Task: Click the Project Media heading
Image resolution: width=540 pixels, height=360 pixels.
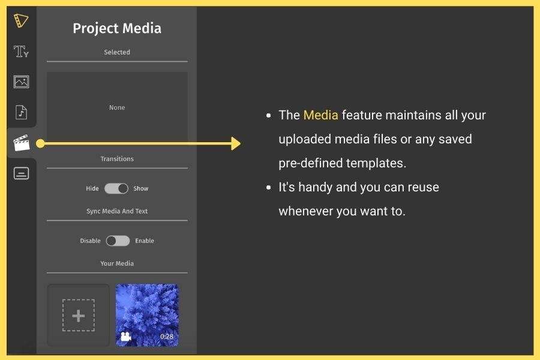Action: (117, 28)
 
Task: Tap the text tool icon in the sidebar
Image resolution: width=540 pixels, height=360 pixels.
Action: (21, 52)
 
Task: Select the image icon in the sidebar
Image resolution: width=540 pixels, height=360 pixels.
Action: (21, 82)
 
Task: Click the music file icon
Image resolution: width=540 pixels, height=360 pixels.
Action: (21, 112)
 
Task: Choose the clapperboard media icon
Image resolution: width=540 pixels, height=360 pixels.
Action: (22, 143)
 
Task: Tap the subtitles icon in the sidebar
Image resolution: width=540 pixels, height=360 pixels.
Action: (21, 173)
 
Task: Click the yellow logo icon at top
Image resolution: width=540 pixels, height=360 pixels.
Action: (20, 20)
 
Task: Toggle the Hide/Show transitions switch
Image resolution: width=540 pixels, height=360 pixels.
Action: (116, 188)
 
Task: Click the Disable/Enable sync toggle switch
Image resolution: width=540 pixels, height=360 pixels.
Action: (118, 241)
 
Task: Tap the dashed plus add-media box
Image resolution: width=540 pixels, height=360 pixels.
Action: (78, 315)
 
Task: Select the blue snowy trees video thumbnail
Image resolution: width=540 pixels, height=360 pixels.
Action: (147, 315)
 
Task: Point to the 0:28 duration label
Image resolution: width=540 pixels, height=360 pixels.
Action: (167, 337)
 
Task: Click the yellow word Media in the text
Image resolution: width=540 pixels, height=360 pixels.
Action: (320, 115)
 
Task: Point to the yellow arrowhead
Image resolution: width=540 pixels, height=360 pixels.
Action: (236, 143)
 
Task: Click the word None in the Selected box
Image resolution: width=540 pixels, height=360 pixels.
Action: (117, 107)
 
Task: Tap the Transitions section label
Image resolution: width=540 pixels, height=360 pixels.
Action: (117, 159)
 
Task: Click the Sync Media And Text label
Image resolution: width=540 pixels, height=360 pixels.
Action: (117, 211)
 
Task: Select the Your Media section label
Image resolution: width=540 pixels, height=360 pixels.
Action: (117, 263)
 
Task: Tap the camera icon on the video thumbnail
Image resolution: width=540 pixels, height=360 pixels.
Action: (126, 337)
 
